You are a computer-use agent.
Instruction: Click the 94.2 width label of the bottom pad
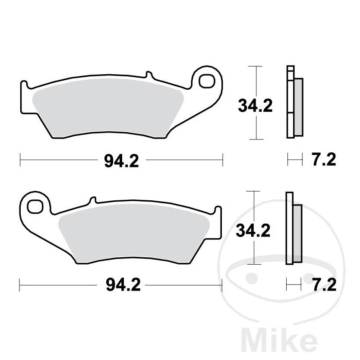123,285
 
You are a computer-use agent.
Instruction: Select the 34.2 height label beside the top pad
255,105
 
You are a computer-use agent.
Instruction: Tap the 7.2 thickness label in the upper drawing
323,160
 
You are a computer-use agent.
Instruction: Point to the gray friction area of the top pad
108,108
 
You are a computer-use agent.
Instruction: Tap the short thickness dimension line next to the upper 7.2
295,161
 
